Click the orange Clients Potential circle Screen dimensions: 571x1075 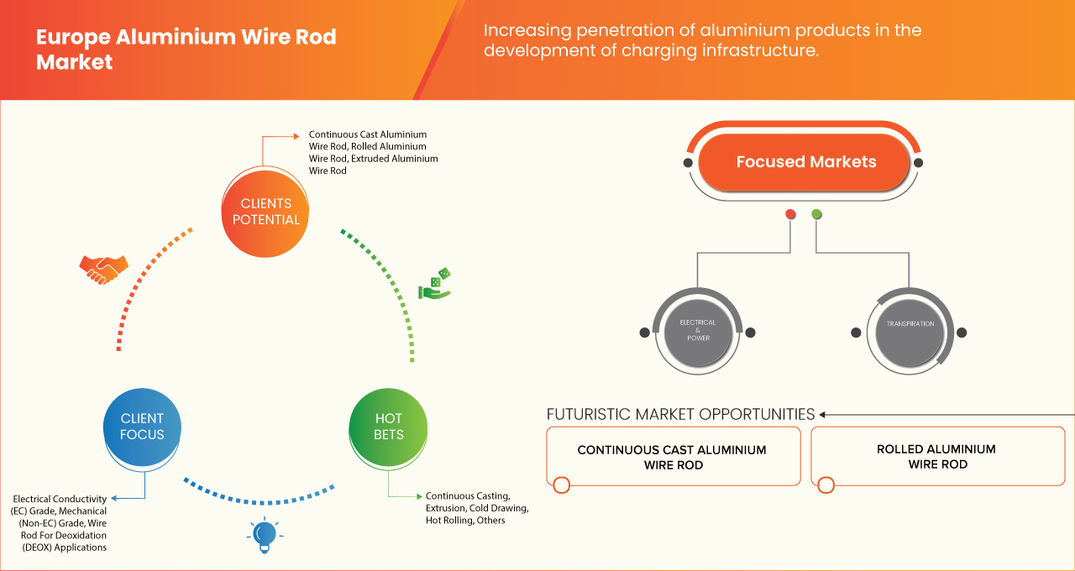pyautogui.click(x=265, y=212)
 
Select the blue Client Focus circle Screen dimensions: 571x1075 pyautogui.click(x=142, y=427)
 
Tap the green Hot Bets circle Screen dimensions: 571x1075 pyautogui.click(x=388, y=427)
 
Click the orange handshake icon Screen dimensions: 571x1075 pyautogui.click(x=103, y=269)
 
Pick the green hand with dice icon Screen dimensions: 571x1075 pyautogui.click(x=435, y=285)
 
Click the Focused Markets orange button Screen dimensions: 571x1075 pyautogui.click(x=805, y=162)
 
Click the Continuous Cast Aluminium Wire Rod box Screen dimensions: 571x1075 pyautogui.click(x=672, y=457)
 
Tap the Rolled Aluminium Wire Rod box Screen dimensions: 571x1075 pyautogui.click(x=937, y=457)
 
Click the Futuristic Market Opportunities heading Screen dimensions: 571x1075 pyautogui.click(x=680, y=414)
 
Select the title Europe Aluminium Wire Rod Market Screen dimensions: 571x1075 pyautogui.click(x=186, y=49)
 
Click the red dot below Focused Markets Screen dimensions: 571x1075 pyautogui.click(x=790, y=215)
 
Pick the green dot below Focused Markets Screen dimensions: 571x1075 pyautogui.click(x=816, y=215)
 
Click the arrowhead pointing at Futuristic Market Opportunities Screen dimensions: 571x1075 pyautogui.click(x=823, y=414)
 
